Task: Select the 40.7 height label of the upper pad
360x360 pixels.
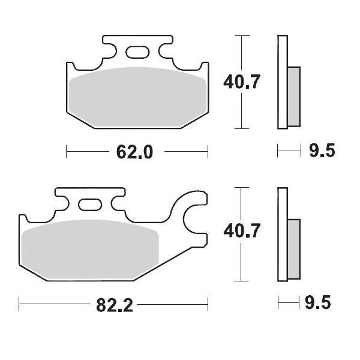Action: point(241,82)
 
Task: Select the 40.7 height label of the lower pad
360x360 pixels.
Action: point(241,230)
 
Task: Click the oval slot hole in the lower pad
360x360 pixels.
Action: point(91,206)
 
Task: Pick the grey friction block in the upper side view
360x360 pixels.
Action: point(294,96)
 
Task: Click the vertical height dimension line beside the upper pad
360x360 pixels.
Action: point(241,114)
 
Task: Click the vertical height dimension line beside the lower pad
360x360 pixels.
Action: point(241,264)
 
